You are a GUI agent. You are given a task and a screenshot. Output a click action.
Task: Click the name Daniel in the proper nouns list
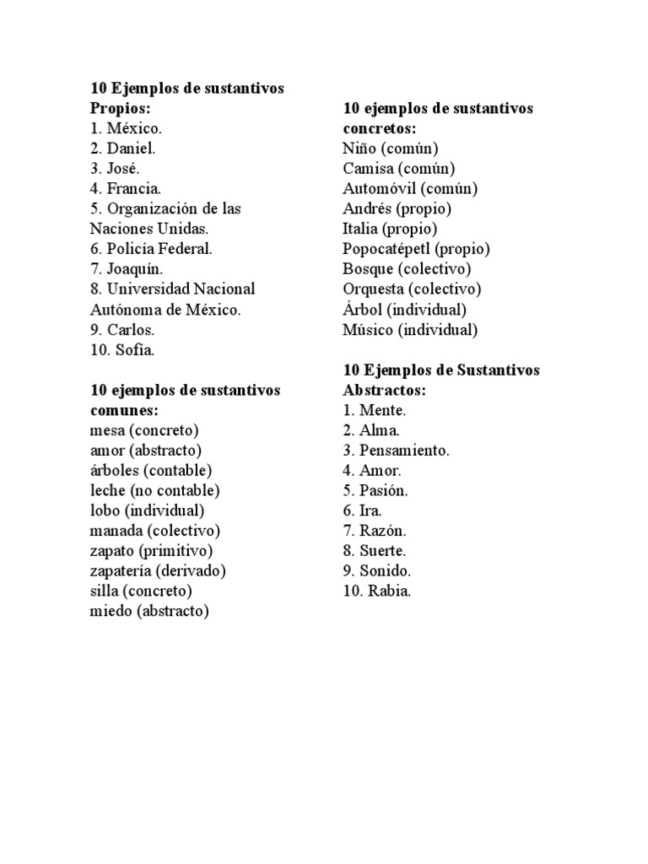130,148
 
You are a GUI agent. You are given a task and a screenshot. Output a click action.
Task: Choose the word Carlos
130,329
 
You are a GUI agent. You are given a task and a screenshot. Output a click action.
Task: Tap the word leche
107,490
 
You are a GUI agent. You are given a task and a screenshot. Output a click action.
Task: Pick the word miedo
109,611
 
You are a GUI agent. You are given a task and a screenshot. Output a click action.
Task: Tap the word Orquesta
374,289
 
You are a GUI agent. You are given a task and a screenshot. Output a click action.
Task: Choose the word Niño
359,148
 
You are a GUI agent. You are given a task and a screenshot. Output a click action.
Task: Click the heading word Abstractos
384,391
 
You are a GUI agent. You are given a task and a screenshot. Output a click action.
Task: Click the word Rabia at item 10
389,591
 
